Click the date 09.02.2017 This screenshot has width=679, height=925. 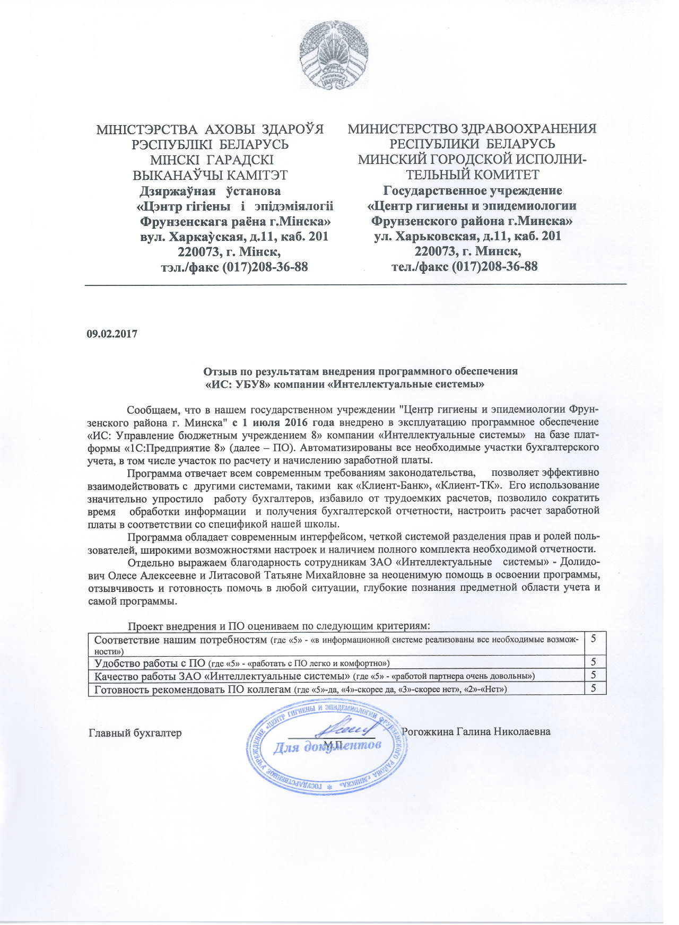(x=112, y=334)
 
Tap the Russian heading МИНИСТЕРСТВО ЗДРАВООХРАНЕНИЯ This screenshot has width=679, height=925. (x=472, y=129)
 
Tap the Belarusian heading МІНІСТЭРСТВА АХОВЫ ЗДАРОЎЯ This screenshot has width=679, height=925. (x=210, y=129)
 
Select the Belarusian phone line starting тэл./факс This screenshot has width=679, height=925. (x=234, y=267)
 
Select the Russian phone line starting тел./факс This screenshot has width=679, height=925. (x=464, y=266)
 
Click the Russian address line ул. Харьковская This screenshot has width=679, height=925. (x=467, y=237)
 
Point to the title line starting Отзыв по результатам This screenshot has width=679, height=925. (x=361, y=371)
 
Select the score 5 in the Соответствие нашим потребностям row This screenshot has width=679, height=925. (x=594, y=639)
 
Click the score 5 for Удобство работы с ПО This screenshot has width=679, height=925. (x=594, y=662)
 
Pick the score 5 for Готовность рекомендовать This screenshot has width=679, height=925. (x=594, y=688)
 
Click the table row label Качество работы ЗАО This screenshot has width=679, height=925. (x=222, y=676)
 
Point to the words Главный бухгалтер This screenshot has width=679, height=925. (x=135, y=733)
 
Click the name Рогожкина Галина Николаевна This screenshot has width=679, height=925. (x=476, y=732)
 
